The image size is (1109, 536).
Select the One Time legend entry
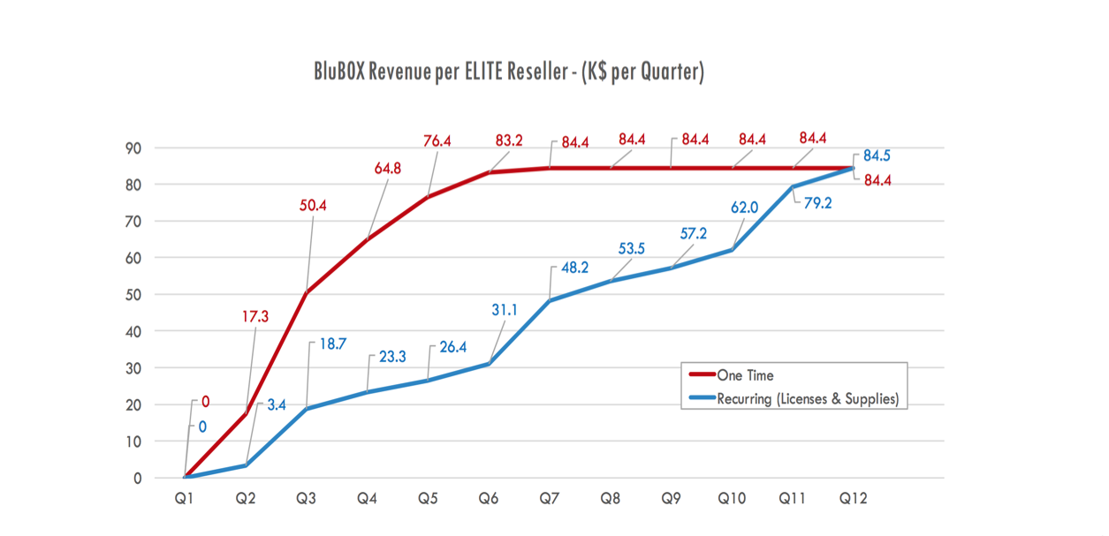click(747, 375)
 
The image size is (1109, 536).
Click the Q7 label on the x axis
click(549, 499)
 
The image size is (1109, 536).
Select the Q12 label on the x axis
click(853, 499)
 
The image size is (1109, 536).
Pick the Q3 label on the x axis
click(307, 499)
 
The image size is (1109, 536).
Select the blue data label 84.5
click(877, 156)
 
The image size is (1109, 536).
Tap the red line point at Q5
click(429, 197)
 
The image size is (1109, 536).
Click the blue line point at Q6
click(489, 364)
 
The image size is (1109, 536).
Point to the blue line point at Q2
click(246, 465)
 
